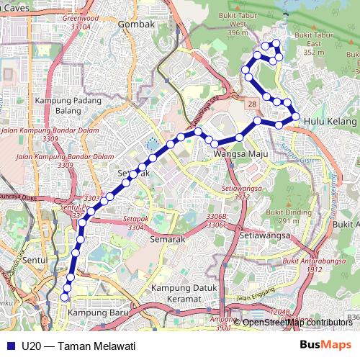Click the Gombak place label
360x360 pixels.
(136, 24)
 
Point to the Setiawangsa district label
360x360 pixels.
(264, 235)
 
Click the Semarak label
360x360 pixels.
(167, 238)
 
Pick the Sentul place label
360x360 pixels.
(35, 259)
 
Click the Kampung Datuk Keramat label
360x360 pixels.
(176, 293)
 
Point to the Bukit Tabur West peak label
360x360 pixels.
(237, 24)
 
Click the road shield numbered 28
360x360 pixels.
(252, 105)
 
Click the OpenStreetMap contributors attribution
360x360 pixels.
(297, 322)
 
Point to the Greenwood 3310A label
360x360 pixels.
(80, 22)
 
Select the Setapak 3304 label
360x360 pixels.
(135, 222)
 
